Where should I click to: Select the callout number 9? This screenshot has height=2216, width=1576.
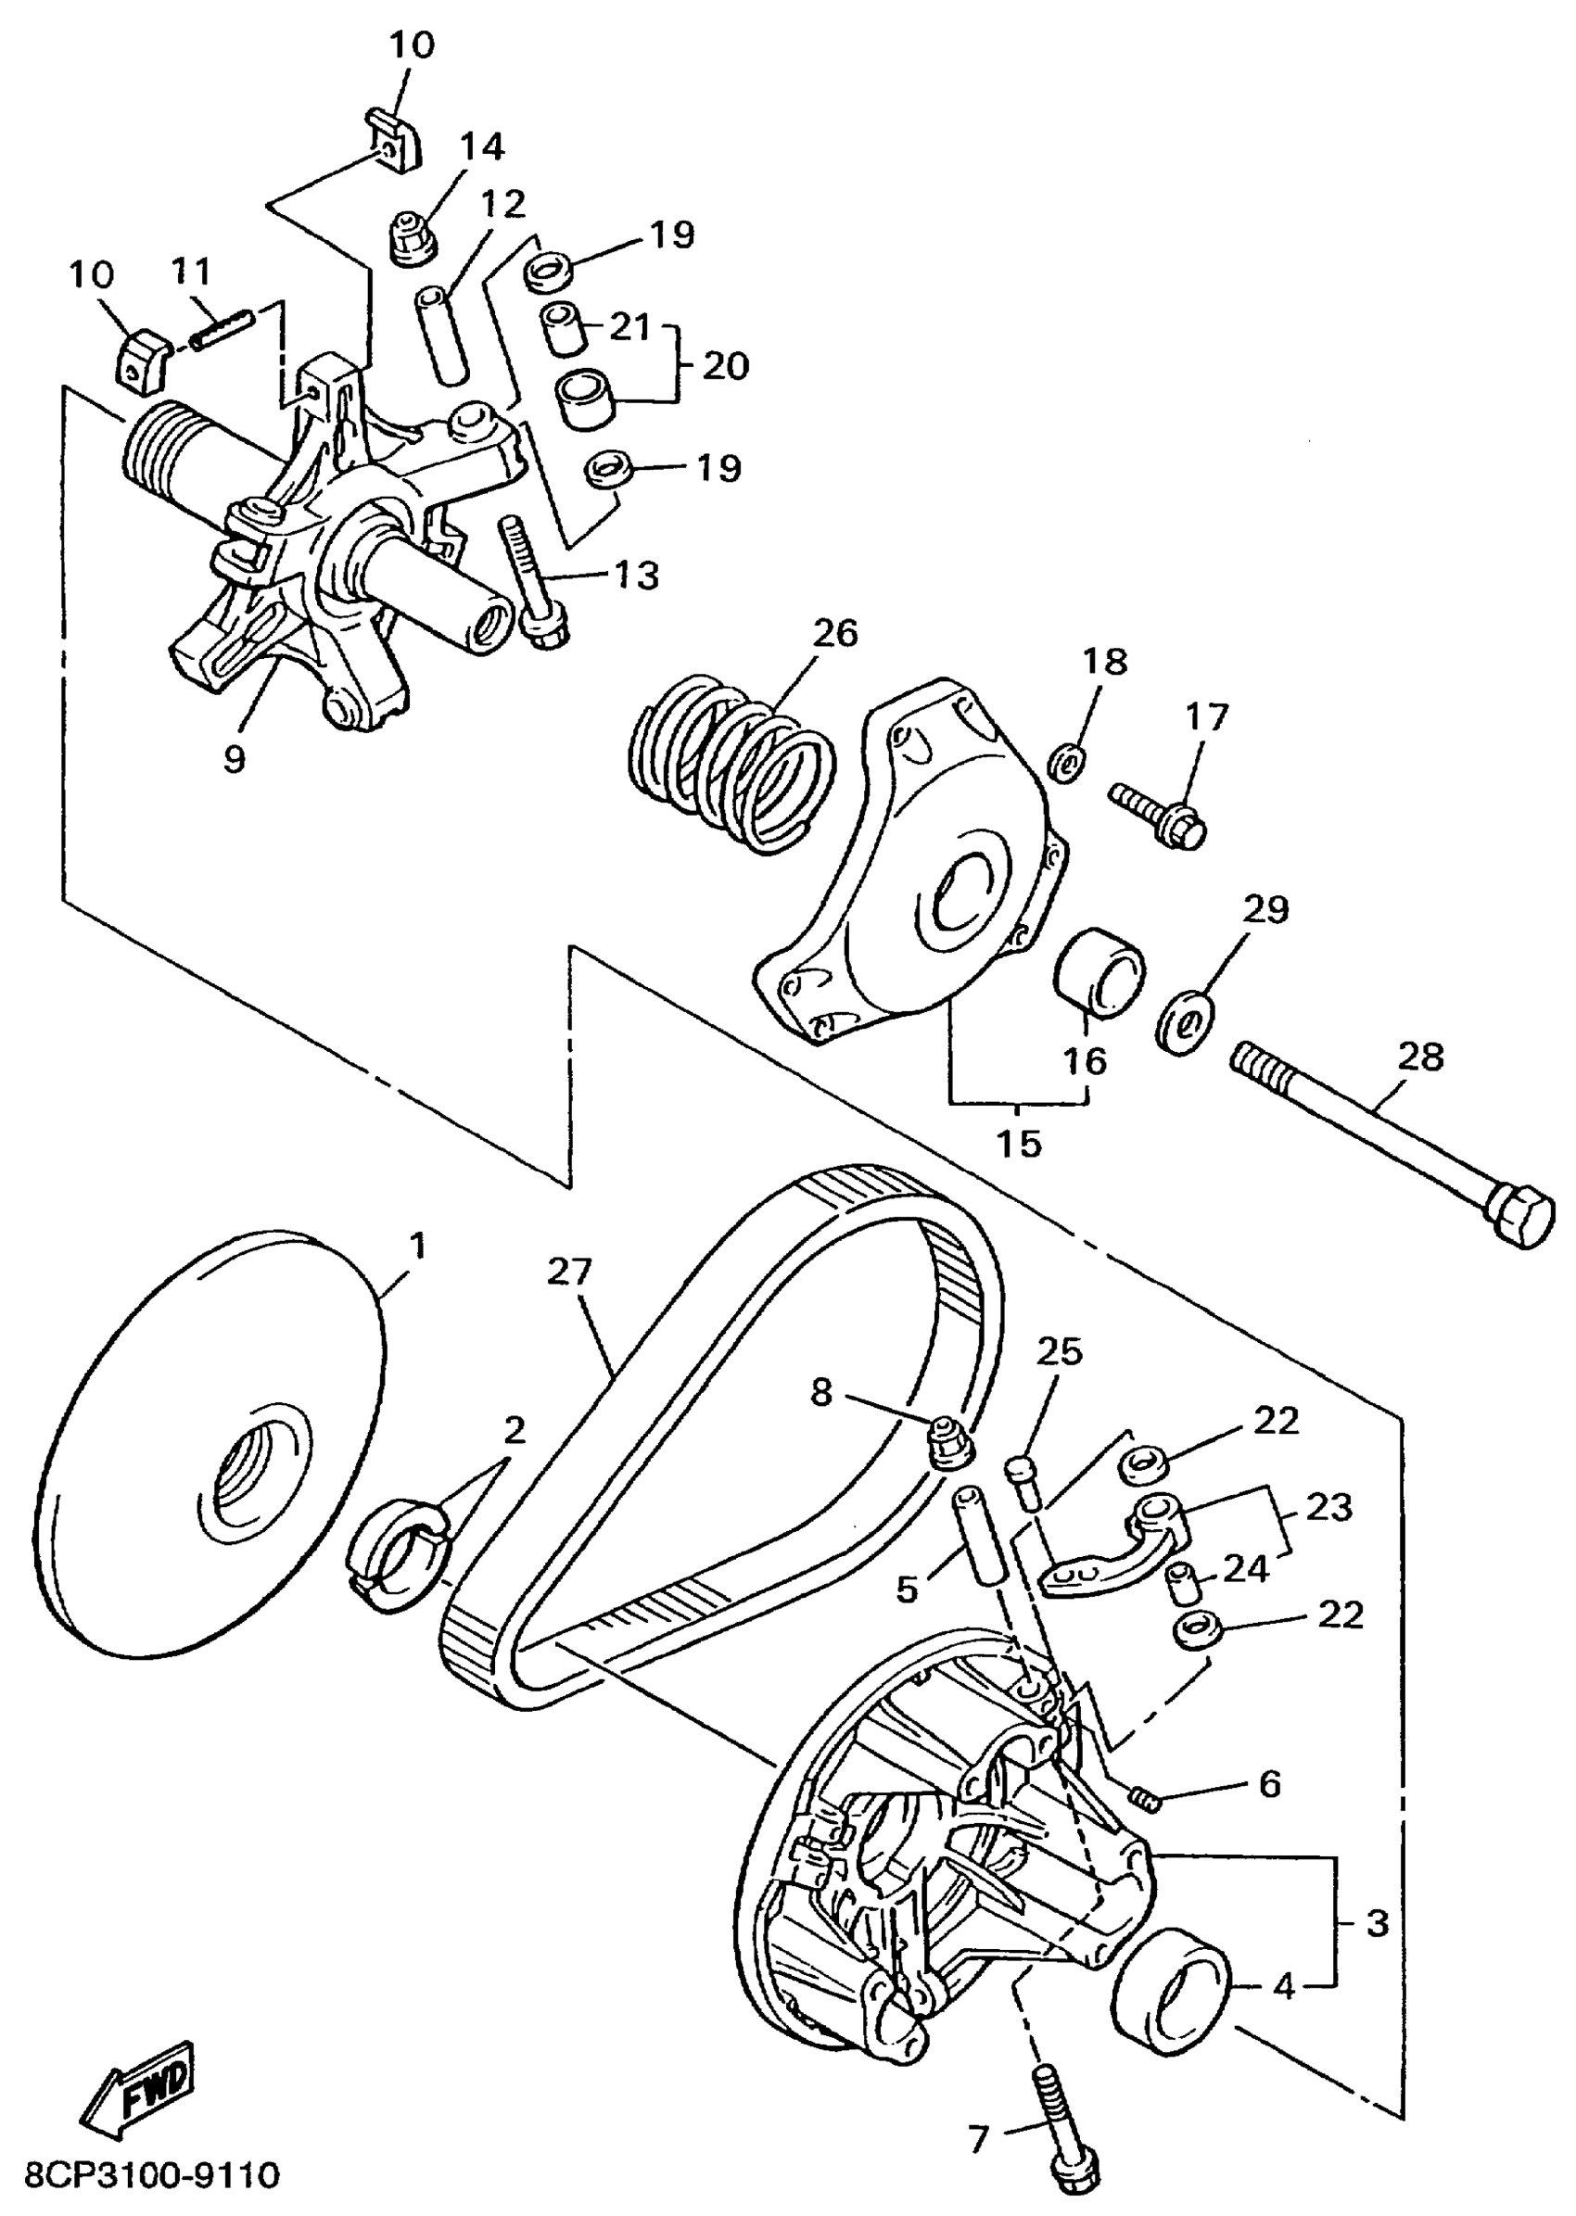tap(234, 759)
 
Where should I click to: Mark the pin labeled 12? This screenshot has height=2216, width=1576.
tap(440, 334)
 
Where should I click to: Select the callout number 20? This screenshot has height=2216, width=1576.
tap(726, 366)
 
